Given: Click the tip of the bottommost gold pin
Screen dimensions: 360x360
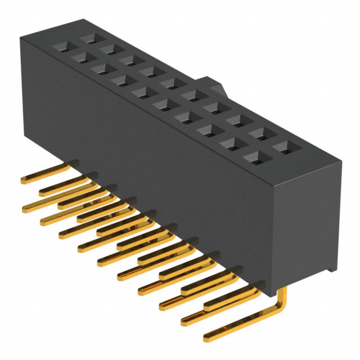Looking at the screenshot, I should [206, 337].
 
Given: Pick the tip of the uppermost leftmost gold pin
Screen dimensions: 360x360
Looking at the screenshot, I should [24, 180].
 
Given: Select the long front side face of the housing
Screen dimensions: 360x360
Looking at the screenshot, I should [146, 169].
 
